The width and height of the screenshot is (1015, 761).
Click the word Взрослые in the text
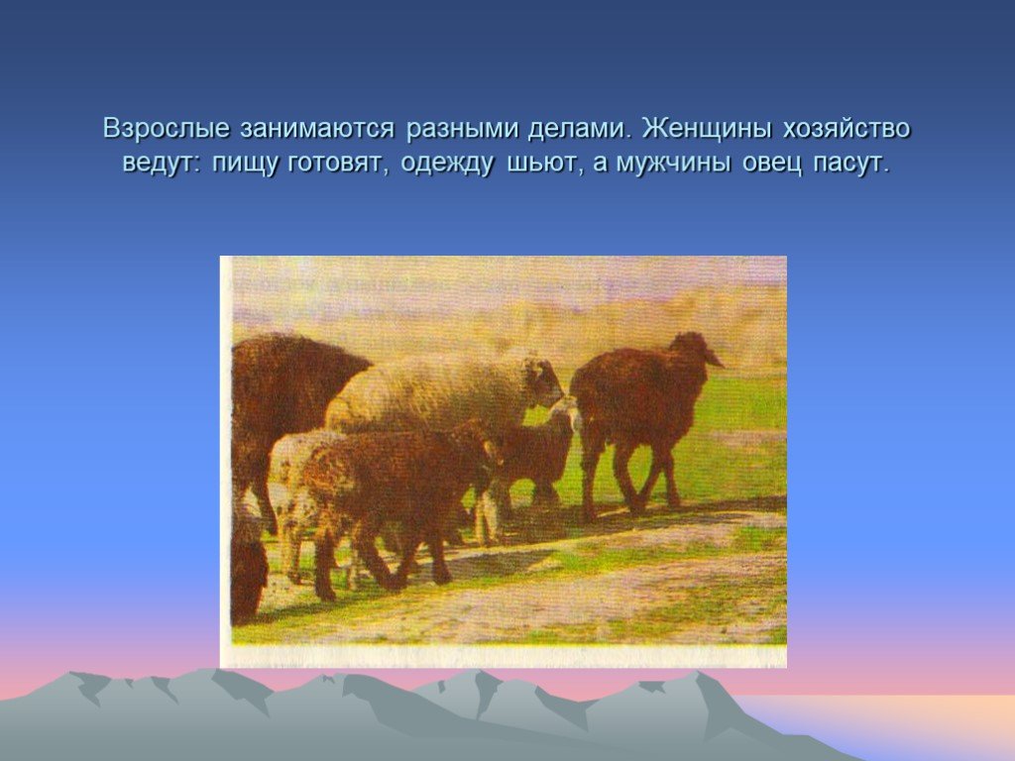click(x=166, y=129)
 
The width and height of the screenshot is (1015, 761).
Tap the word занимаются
click(x=316, y=129)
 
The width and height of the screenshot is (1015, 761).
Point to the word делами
click(x=579, y=128)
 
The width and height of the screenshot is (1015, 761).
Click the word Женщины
click(x=707, y=129)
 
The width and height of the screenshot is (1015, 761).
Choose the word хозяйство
click(x=846, y=129)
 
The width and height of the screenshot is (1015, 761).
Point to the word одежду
click(x=447, y=163)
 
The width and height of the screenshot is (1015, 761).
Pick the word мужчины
click(x=673, y=163)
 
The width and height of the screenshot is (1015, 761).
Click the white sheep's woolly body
click(x=427, y=391)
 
